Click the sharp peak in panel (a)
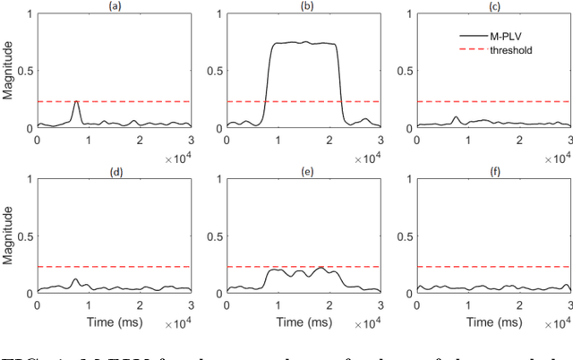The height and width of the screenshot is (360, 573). [x=76, y=102]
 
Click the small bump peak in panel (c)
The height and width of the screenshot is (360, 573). [x=457, y=116]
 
